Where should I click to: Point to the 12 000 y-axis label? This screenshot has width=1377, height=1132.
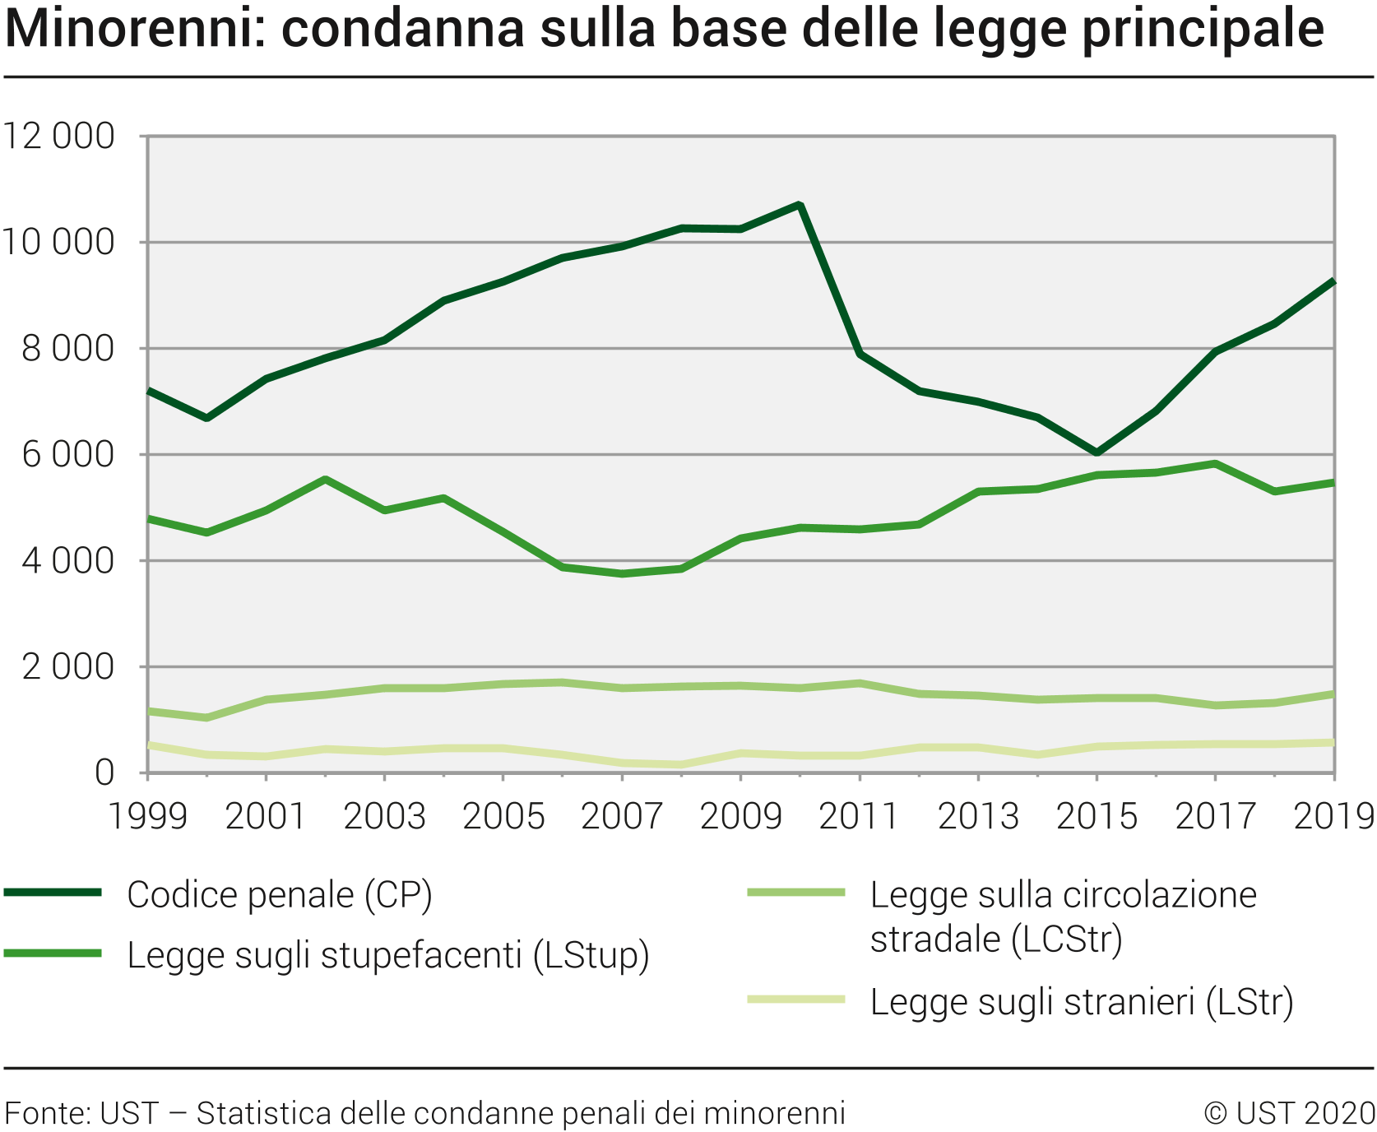tap(58, 137)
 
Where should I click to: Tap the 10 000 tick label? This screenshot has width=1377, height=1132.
tap(58, 243)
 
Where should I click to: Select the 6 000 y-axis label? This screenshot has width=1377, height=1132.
tap(67, 455)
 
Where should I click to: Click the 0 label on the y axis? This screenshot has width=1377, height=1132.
tap(104, 773)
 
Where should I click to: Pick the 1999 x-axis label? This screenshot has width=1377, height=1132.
tap(148, 816)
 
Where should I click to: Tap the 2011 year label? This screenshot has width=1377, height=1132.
tap(859, 816)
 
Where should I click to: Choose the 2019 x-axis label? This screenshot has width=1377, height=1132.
tap(1333, 816)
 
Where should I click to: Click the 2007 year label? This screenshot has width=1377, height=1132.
tap(622, 816)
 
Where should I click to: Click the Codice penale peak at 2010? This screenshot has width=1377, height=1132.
tap(800, 205)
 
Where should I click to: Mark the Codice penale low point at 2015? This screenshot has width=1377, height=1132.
tap(1096, 452)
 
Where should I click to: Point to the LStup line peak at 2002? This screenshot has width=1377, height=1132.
tap(326, 479)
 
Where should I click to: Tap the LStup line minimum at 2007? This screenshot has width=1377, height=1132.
tap(622, 573)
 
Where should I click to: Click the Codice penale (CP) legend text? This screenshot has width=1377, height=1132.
tap(280, 895)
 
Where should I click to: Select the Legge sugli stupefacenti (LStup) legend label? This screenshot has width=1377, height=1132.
tap(388, 956)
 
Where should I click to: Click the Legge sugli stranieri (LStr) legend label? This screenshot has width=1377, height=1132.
tap(1082, 1002)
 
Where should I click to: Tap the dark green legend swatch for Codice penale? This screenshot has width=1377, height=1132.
tap(53, 893)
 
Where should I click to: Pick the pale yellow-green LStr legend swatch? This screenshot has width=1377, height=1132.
tap(796, 1000)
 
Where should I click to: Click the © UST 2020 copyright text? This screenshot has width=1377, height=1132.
tap(1289, 1113)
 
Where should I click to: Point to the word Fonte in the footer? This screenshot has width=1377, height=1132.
tap(45, 1113)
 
